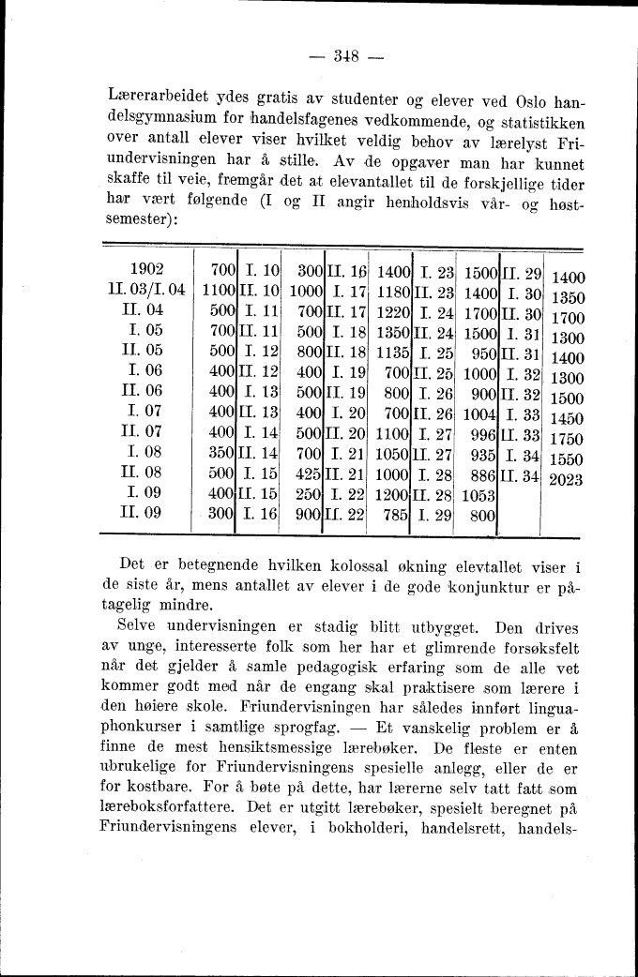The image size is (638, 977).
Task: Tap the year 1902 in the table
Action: click(x=148, y=271)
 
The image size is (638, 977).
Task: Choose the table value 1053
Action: click(x=481, y=494)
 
